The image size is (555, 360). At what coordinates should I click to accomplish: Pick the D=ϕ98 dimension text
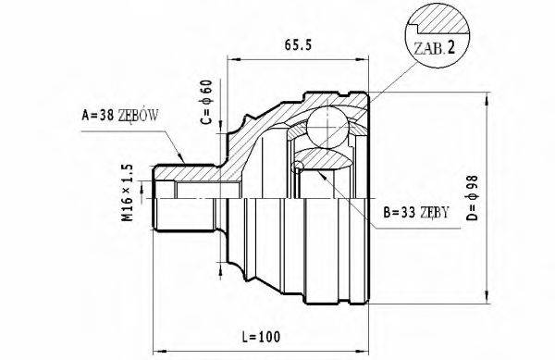pyautogui.click(x=473, y=195)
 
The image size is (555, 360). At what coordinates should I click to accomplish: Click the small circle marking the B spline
pyautogui.click(x=298, y=168)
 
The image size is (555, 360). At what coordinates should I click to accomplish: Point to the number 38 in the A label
pyautogui.click(x=106, y=116)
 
